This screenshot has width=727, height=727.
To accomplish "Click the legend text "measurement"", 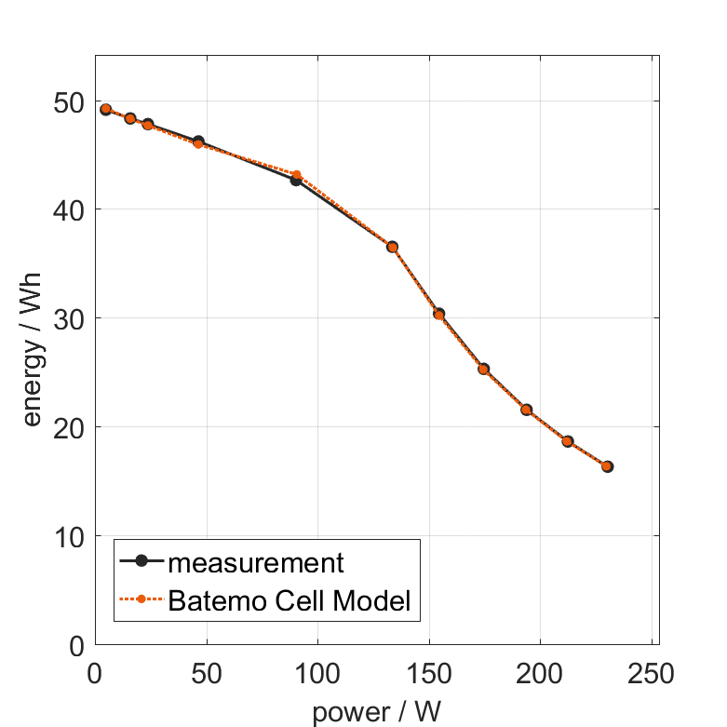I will (256, 562).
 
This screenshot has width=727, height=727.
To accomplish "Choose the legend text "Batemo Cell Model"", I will (289, 600).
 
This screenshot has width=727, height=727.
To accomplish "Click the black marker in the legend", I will (141, 561).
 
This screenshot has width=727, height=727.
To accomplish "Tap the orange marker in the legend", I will (141, 599).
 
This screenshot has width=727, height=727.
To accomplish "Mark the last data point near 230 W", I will (607, 466).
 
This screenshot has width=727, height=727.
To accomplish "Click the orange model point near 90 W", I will (297, 175).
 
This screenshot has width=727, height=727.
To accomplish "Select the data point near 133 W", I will (392, 247).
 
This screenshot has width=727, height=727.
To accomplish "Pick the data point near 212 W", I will (568, 441).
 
